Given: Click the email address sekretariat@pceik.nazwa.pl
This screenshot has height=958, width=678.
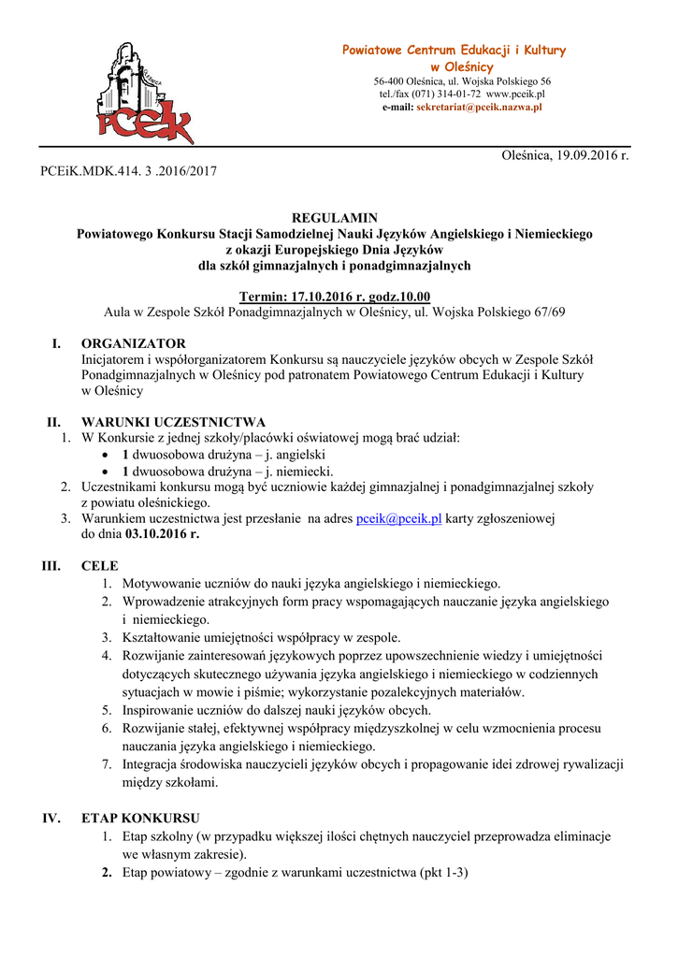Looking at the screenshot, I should coord(479,108).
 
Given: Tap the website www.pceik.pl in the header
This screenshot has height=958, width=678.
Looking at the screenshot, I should coord(515,94).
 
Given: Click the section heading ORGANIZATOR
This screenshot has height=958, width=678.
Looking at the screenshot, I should coord(133,343).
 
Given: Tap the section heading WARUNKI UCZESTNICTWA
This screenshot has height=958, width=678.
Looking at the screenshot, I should coord(173,421).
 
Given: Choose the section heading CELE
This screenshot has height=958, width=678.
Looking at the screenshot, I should coord(100,566).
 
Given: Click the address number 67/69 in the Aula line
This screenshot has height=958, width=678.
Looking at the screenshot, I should coord(546,312).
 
